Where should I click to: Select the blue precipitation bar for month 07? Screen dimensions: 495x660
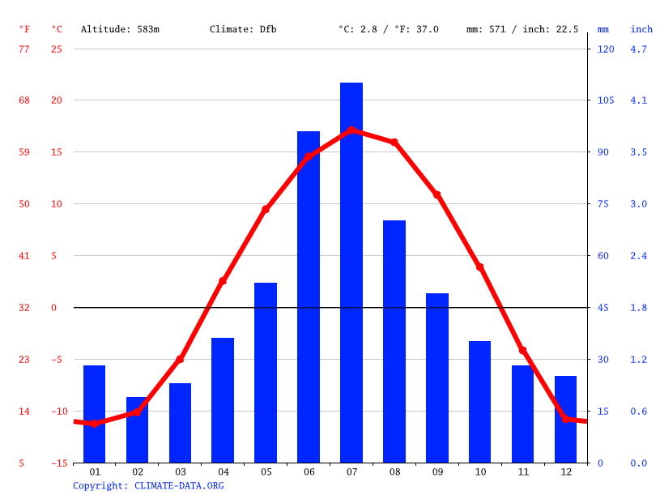click(x=351, y=272)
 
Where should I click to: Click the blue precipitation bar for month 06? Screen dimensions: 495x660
click(x=309, y=297)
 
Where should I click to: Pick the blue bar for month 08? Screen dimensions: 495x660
click(x=394, y=341)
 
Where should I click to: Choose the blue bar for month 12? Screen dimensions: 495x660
click(x=565, y=419)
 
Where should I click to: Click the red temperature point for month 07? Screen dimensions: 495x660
click(x=351, y=130)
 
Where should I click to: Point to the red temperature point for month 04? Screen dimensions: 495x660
click(x=223, y=281)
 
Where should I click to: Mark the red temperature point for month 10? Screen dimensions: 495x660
click(x=479, y=267)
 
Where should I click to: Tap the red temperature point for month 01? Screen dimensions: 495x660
click(x=94, y=424)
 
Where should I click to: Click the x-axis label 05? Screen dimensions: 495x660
click(x=266, y=472)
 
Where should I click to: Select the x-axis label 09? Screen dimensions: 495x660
click(x=437, y=472)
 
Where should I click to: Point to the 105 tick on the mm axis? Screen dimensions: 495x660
click(x=606, y=100)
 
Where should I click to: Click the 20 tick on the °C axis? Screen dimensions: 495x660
click(x=57, y=100)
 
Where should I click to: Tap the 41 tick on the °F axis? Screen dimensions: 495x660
click(x=24, y=256)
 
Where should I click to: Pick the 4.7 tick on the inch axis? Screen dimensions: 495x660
click(x=639, y=49)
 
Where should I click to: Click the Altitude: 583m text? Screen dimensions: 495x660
click(x=120, y=29)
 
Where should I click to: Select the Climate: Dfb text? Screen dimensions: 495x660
click(x=243, y=29)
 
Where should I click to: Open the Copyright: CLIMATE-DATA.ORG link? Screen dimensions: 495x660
click(x=148, y=485)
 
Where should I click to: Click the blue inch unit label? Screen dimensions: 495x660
click(x=641, y=29)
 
